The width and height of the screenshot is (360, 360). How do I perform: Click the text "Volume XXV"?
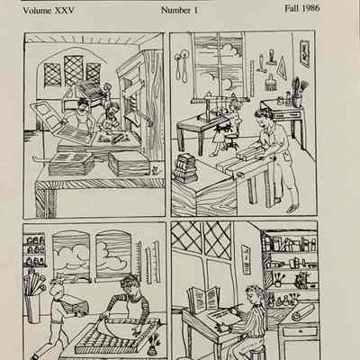[x=49, y=11]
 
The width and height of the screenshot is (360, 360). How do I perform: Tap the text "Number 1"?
[x=179, y=11]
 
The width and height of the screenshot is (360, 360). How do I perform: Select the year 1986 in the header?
[x=310, y=8]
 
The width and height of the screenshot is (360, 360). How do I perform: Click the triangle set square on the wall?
[x=281, y=67]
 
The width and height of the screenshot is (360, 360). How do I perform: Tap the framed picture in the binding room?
[x=304, y=53]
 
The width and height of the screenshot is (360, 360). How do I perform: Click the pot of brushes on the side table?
[x=297, y=94]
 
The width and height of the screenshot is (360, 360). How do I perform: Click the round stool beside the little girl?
[x=230, y=141]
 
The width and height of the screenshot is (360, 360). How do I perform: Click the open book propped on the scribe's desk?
[x=203, y=298]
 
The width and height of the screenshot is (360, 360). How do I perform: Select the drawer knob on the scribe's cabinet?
[x=301, y=331]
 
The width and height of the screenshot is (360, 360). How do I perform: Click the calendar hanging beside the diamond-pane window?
[x=247, y=259]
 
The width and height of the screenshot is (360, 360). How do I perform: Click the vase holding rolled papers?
[x=32, y=309]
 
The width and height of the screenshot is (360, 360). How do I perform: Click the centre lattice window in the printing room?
[x=74, y=71]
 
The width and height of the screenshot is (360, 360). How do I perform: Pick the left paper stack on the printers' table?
[x=71, y=165]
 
